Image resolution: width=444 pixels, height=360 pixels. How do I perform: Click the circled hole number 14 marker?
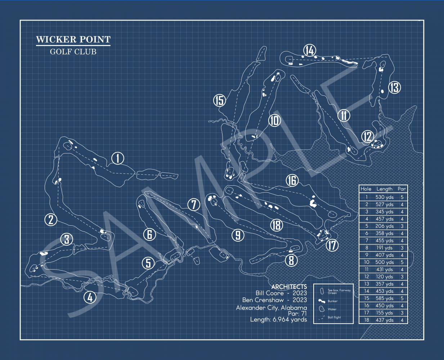pyautogui.click(x=310, y=51)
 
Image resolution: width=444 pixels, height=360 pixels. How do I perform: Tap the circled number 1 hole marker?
pyautogui.click(x=118, y=158)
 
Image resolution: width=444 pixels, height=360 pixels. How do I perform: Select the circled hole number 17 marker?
pyautogui.click(x=332, y=246)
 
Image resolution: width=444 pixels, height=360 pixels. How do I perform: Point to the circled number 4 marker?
pyautogui.click(x=90, y=297)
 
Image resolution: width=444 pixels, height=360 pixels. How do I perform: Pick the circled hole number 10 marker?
pyautogui.click(x=274, y=120)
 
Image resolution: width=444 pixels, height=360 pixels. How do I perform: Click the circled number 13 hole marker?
pyautogui.click(x=395, y=87)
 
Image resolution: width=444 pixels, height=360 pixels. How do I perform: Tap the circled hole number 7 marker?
pyautogui.click(x=194, y=205)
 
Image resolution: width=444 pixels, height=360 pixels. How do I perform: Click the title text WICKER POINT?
pyautogui.click(x=73, y=40)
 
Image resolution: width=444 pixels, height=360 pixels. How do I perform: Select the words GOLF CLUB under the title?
pyautogui.click(x=73, y=52)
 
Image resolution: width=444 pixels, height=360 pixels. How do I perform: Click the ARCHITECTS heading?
pyautogui.click(x=289, y=287)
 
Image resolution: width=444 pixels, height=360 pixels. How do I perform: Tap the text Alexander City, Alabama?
pyautogui.click(x=272, y=307)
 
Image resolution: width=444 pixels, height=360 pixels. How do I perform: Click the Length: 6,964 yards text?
pyautogui.click(x=278, y=319)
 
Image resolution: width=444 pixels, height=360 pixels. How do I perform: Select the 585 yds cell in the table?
pyautogui.click(x=385, y=298)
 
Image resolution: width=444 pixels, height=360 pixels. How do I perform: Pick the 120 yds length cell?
pyautogui.click(x=385, y=277)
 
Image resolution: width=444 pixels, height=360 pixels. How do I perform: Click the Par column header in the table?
pyautogui.click(x=402, y=189)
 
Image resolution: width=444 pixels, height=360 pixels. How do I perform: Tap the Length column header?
pyautogui.click(x=384, y=189)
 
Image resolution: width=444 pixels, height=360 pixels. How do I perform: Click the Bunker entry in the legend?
pyautogui.click(x=332, y=301)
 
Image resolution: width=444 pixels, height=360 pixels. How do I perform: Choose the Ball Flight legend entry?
pyautogui.click(x=334, y=318)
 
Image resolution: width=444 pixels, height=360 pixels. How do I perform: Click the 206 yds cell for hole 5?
pyautogui.click(x=385, y=226)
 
